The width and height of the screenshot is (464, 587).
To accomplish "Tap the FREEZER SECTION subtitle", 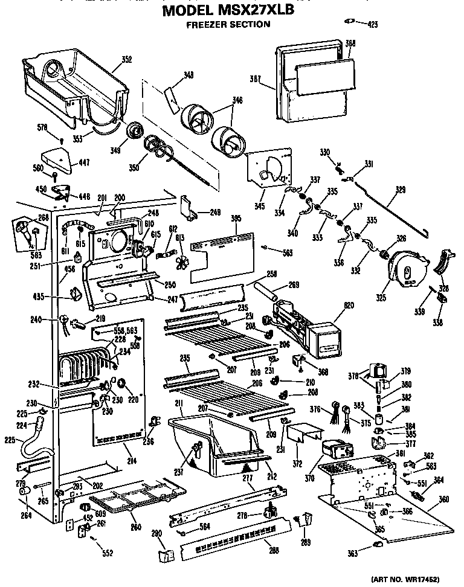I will pyautogui.click(x=228, y=25).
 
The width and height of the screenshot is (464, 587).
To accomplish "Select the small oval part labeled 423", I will pyautogui.click(x=349, y=23).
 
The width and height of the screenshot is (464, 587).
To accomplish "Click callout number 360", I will pyautogui.click(x=445, y=499).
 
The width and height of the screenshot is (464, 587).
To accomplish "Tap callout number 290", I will pyautogui.click(x=156, y=533).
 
